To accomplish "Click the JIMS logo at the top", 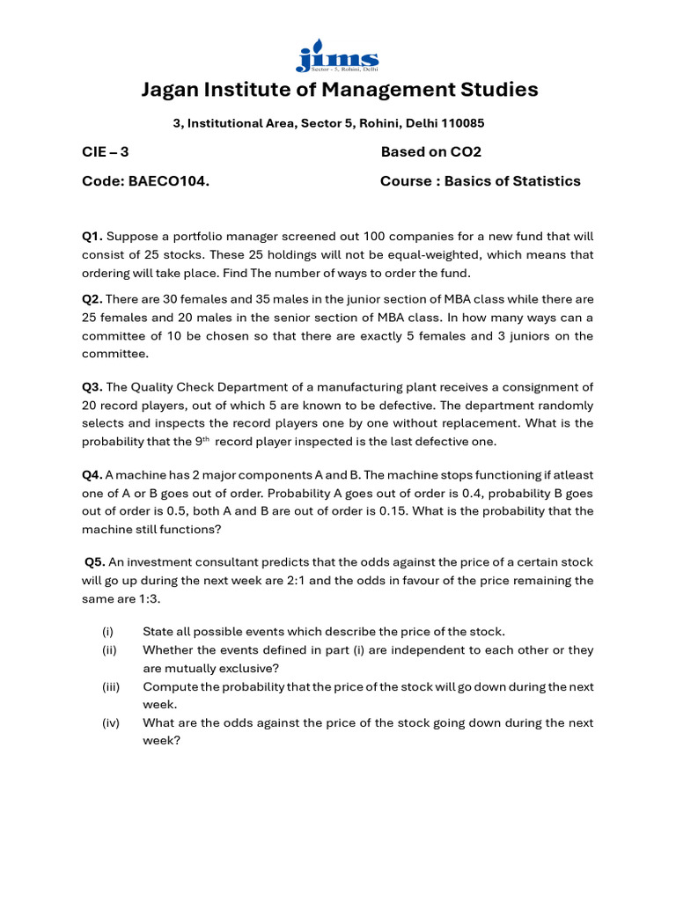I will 337,55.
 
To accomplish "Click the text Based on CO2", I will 430,151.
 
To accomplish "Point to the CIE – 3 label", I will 106,151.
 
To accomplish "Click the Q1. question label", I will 92,236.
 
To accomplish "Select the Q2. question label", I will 92,299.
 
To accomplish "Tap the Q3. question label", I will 92,387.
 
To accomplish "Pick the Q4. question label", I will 92,475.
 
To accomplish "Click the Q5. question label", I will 95,562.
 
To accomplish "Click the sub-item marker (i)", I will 107,632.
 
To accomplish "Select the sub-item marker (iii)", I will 110,686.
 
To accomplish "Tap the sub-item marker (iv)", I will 110,722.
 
